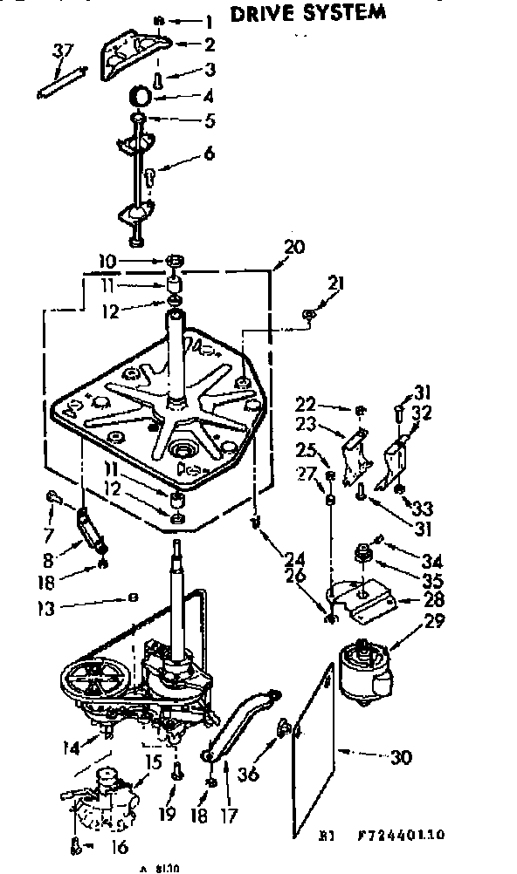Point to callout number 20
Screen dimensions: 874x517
pyautogui.click(x=294, y=247)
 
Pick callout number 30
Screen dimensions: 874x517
pyautogui.click(x=401, y=757)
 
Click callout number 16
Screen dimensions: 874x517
pyautogui.click(x=119, y=846)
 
